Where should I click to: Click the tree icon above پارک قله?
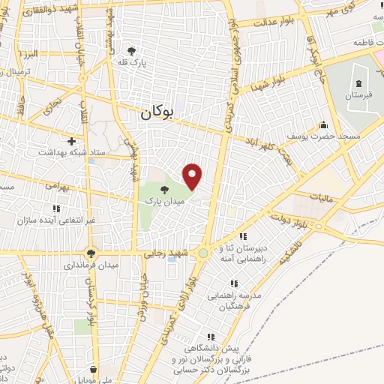[x=132, y=50]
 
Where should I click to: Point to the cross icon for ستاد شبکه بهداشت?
[x=72, y=140]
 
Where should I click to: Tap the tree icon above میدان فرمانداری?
[x=91, y=253]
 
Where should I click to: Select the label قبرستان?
[x=358, y=96]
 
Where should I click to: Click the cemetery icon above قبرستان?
[x=358, y=83]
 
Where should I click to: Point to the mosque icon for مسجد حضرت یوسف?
[x=323, y=124]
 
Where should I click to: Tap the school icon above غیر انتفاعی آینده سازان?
[x=55, y=209]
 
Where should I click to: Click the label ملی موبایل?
[x=94, y=379]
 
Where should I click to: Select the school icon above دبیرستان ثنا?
[x=243, y=237]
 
